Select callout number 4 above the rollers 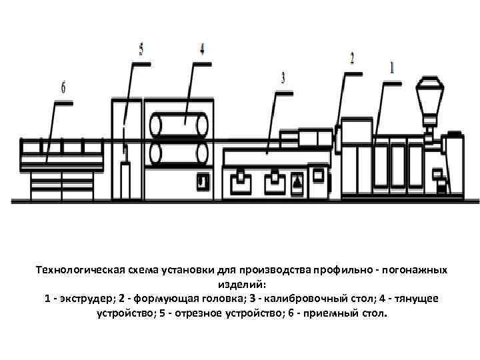[201, 49]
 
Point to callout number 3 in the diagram [283, 78]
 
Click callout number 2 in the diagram [352, 58]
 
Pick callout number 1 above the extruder [392, 67]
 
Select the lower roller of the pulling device [178, 152]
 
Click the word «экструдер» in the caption [83, 298]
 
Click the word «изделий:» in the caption [240, 284]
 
